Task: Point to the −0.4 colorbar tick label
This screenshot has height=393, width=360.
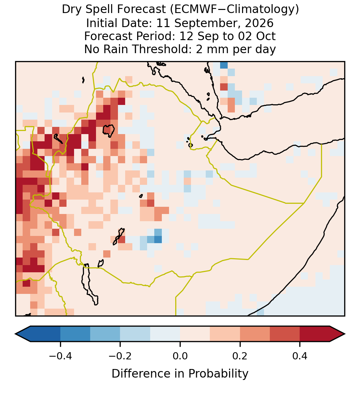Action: pos(60,356)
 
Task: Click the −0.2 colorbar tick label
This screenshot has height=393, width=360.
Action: pos(120,356)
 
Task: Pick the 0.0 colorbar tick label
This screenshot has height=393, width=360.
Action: pos(180,356)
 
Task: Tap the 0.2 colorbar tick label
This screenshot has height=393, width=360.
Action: pos(240,356)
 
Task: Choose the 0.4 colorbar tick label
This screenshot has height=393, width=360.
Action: pos(300,356)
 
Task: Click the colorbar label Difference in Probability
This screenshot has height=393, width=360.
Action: pos(180,373)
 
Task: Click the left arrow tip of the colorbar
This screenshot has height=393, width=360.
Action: pos(15,334)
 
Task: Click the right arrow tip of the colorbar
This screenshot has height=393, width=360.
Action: pos(345,334)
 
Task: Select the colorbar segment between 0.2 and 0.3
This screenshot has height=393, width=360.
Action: pos(255,334)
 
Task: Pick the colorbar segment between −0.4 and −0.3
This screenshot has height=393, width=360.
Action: pos(75,334)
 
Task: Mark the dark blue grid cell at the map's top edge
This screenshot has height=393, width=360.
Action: pos(224,65)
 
